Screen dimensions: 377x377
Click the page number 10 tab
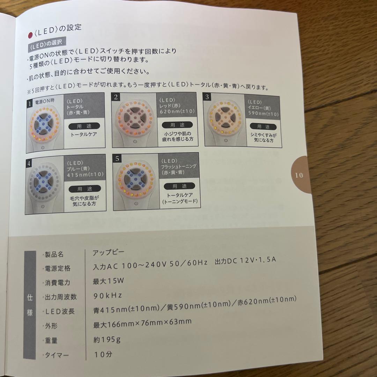click(x=299, y=174)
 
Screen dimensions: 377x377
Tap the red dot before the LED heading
click(x=30, y=34)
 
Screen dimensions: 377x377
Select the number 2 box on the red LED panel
click(x=116, y=97)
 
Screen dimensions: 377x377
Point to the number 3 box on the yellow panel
click(x=207, y=97)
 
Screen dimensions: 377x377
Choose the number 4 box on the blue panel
click(x=29, y=163)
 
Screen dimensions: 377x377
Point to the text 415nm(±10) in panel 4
click(x=85, y=174)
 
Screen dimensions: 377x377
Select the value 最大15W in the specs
click(x=109, y=280)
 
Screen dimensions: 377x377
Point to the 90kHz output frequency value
click(x=108, y=295)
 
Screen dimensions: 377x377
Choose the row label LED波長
click(x=60, y=311)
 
